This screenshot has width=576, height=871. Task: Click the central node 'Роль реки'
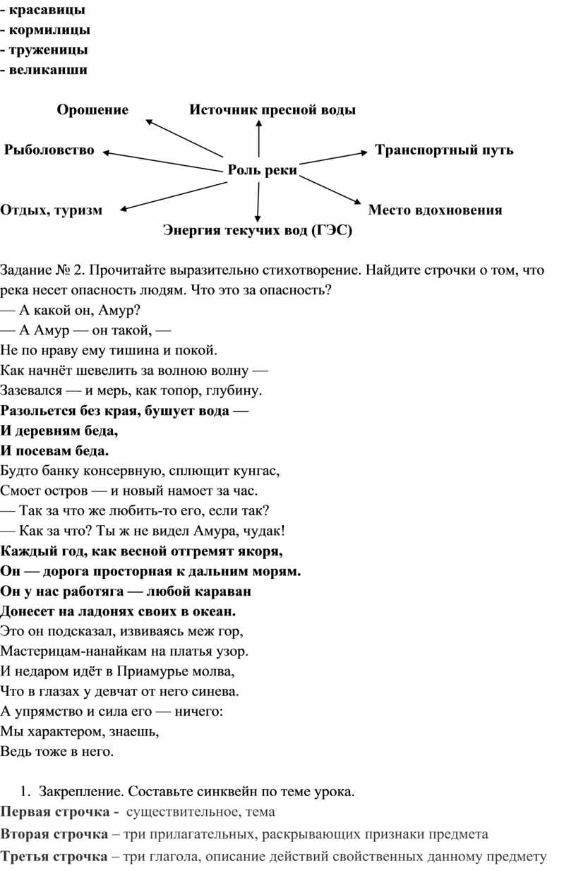[x=262, y=170]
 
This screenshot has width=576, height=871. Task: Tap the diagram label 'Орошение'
[x=92, y=109]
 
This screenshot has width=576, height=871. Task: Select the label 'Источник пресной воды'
[x=272, y=109]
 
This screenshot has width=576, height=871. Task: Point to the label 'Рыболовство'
[x=49, y=150]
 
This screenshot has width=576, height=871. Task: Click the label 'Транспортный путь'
[x=444, y=150]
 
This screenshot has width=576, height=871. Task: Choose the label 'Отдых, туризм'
[x=52, y=210]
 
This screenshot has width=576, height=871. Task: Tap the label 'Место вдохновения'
[x=436, y=210]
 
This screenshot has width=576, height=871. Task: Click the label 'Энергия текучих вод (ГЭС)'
[x=258, y=230]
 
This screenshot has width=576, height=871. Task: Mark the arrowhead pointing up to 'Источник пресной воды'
[x=259, y=124]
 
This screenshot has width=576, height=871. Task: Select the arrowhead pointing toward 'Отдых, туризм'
[x=125, y=208]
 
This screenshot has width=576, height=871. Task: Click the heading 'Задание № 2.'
[x=43, y=270]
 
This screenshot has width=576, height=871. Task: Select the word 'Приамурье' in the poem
[x=159, y=670]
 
